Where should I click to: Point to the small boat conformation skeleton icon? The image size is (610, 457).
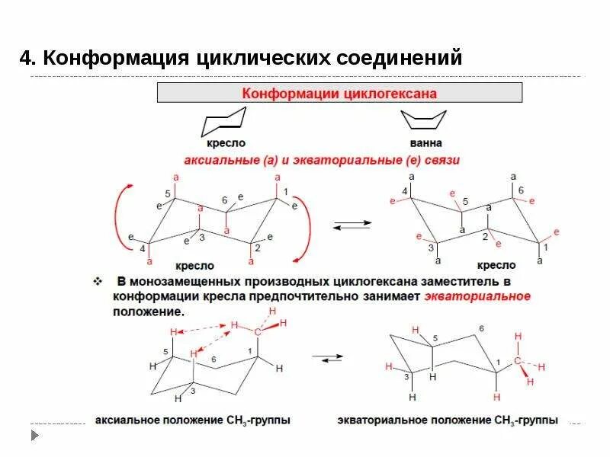pos(425,120)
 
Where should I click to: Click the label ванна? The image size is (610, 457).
pos(425,143)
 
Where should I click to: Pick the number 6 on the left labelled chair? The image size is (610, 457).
pos(225,200)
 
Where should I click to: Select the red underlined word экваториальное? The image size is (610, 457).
pos(477,297)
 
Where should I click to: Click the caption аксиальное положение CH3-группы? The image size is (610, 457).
pos(192,420)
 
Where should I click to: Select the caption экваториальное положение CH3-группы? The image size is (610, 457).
pos(448,420)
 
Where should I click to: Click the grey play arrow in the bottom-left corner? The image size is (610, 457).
pos(34,436)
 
